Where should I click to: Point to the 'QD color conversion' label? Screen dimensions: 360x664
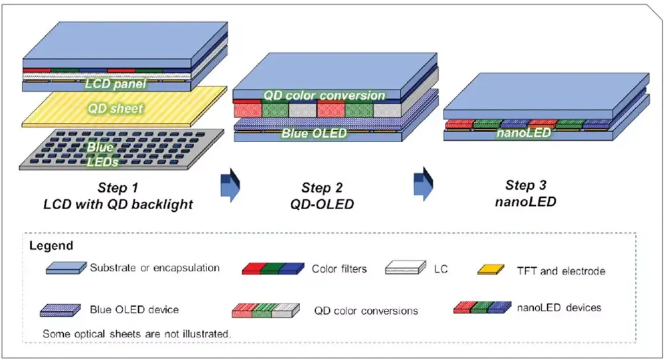click(324, 95)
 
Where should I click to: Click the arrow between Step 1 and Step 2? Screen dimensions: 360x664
click(228, 183)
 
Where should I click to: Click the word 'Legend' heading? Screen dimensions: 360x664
click(51, 246)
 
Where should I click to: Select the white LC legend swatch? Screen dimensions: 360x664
click(404, 269)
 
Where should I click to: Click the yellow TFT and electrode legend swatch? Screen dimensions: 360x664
click(493, 270)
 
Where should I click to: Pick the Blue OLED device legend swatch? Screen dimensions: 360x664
click(61, 310)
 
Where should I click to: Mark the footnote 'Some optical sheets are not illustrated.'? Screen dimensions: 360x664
click(136, 332)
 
